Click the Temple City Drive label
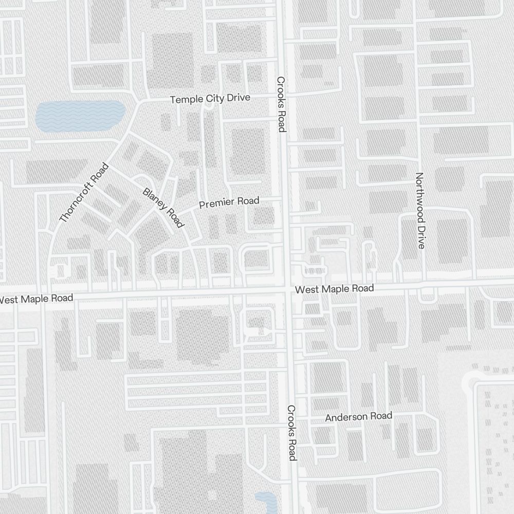[210, 99]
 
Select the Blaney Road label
[163, 208]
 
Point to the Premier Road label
[229, 203]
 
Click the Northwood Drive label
[420, 211]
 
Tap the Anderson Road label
[358, 416]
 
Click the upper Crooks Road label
[281, 104]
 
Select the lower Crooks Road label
[291, 433]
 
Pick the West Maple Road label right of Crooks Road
[334, 289]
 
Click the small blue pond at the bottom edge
[265, 501]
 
